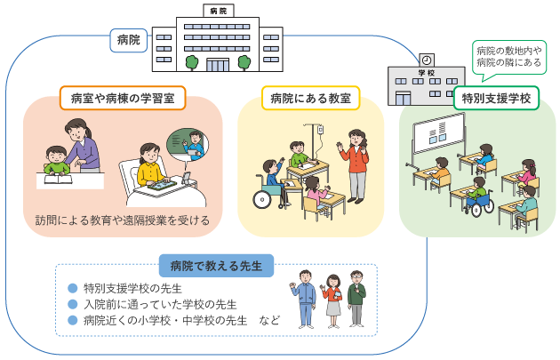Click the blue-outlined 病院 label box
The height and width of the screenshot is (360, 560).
(x=129, y=40)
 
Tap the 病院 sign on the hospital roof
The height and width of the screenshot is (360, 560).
(x=218, y=11)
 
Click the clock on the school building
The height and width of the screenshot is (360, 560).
(x=426, y=60)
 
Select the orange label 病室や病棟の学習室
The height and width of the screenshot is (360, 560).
(x=123, y=98)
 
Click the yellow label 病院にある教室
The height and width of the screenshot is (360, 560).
(x=311, y=98)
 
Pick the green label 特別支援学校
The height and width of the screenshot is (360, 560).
(x=496, y=98)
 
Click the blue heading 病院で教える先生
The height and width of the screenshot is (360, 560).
(x=216, y=266)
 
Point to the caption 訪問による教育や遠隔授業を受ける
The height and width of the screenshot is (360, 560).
(x=123, y=220)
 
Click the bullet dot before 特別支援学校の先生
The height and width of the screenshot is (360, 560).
(x=73, y=288)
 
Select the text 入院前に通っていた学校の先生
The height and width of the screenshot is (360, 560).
(x=160, y=304)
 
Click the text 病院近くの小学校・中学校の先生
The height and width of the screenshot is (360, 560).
(x=165, y=320)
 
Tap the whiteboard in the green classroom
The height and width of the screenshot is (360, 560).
(x=438, y=132)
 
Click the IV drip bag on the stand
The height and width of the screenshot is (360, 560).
(x=320, y=129)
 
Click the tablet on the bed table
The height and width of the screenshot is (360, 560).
(x=162, y=185)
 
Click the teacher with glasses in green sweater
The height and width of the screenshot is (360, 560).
(x=356, y=299)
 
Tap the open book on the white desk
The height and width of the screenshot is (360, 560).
(x=58, y=179)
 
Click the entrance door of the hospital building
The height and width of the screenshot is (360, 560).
(x=218, y=65)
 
